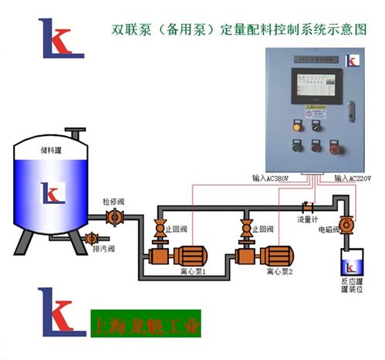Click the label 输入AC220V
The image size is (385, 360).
coord(353,178)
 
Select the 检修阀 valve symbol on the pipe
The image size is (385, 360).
coord(114,217)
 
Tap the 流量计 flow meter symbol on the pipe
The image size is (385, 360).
coord(306,206)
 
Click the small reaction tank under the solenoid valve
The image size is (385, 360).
coord(349,263)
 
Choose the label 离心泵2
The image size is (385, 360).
coord(280,272)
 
